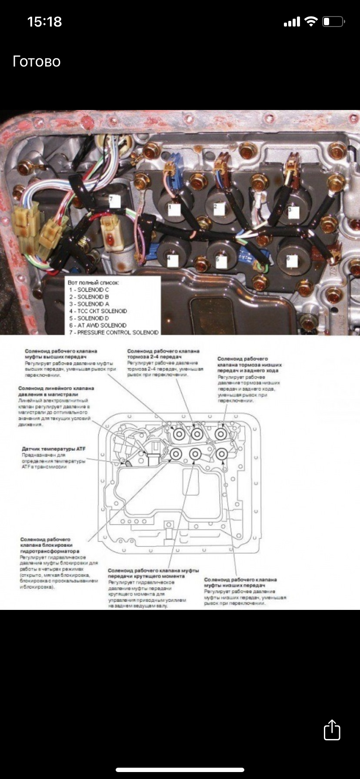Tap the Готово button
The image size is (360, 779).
click(37, 61)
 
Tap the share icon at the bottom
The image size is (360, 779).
click(332, 730)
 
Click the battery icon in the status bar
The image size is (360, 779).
click(333, 22)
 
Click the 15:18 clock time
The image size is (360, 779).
click(44, 22)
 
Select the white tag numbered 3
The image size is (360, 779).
click(293, 212)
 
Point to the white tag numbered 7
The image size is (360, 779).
click(114, 201)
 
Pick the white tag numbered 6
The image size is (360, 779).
click(291, 261)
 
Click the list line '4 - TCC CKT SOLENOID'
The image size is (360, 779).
click(98, 311)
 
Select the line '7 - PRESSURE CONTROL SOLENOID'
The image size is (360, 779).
click(114, 332)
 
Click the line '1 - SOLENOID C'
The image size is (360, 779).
click(89, 290)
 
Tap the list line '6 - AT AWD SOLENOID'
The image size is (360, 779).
click(98, 325)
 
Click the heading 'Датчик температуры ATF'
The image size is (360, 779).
click(53, 448)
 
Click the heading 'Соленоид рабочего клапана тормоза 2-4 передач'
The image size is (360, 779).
click(163, 353)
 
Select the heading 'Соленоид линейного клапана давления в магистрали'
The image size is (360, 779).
click(56, 391)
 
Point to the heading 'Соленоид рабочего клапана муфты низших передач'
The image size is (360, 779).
click(240, 582)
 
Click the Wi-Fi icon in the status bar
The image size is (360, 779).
click(311, 22)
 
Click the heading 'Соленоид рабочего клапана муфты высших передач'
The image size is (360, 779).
click(61, 353)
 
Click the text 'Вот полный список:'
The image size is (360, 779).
click(93, 283)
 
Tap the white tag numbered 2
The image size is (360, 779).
click(219, 209)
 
